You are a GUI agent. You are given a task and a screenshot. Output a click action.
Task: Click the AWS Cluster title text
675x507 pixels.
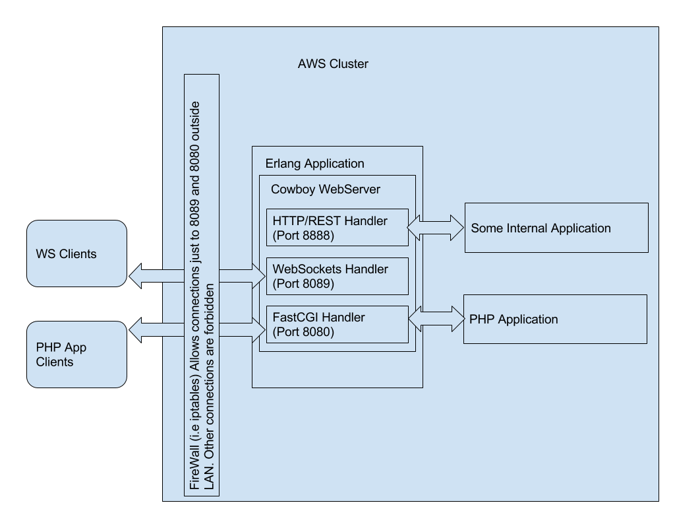point(333,64)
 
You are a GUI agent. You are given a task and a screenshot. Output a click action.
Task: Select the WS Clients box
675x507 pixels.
point(76,253)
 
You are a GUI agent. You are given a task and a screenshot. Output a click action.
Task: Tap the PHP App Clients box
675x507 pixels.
point(76,355)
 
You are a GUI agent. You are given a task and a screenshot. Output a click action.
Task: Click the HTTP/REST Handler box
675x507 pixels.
point(337,227)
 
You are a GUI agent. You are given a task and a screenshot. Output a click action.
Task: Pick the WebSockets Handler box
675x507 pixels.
point(337,276)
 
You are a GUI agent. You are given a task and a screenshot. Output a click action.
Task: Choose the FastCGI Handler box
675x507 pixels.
point(337,324)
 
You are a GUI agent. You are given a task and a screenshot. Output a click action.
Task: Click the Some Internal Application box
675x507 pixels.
point(556,228)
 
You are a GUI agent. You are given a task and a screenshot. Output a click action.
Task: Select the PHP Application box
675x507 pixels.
point(554,320)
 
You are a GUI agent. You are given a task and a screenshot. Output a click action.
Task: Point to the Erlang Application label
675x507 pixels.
point(314,163)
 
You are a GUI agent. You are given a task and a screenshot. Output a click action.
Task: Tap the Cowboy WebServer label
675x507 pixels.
point(326,189)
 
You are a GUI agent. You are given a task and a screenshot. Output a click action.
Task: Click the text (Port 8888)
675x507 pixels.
point(303,234)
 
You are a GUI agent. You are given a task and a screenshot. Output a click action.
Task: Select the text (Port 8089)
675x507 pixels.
point(303,283)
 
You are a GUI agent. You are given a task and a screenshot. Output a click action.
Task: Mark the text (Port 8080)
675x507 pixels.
point(303,331)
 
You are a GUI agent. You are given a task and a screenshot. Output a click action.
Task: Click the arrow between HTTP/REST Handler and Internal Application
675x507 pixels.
point(436,228)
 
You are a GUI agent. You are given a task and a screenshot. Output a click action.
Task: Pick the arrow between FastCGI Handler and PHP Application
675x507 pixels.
point(436,319)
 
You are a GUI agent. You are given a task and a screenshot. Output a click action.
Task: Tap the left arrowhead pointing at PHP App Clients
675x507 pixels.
point(135,329)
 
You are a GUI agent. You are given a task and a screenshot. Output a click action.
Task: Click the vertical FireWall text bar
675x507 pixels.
point(202,285)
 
